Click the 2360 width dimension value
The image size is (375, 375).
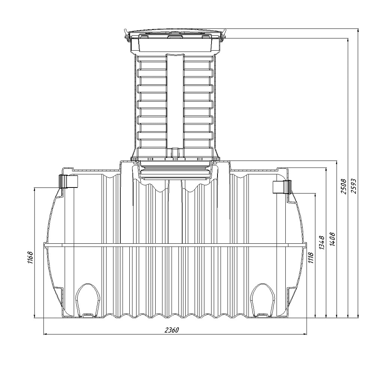click(172, 330)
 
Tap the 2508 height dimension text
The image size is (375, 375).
click(343, 186)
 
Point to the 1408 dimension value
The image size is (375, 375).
click(332, 239)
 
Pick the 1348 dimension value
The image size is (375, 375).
click(322, 243)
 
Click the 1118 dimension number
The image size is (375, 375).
click(311, 258)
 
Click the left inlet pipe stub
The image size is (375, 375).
click(68, 181)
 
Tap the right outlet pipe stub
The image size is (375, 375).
click(282, 187)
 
